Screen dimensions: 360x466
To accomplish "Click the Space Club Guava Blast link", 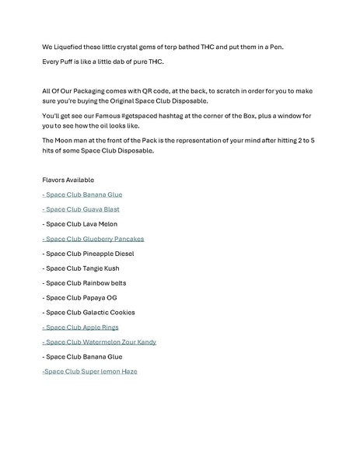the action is [81, 209].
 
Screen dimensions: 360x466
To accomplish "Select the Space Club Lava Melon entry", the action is [80, 224].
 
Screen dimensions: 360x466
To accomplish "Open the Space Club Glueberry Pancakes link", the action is [93, 239].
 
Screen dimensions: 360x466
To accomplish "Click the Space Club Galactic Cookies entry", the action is [88, 313].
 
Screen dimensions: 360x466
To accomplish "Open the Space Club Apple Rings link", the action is [80, 328].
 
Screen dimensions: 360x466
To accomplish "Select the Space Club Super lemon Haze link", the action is [89, 372].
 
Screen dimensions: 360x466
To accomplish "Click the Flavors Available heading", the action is [68, 180].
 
